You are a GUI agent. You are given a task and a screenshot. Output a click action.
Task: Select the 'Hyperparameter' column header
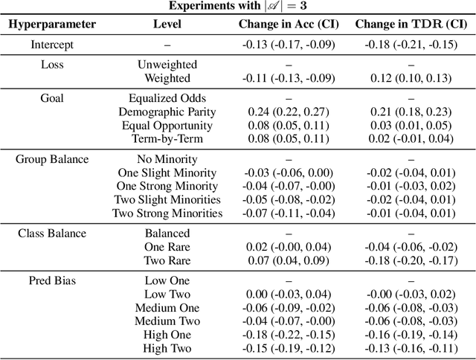coord(52,24)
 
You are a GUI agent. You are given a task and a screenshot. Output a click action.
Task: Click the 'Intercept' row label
coord(52,45)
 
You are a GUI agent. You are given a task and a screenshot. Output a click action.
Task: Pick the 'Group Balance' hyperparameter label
coord(52,158)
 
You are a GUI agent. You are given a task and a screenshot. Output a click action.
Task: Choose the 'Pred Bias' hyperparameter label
coord(52,280)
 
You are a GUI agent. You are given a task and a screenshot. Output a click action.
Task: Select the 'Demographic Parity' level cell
coord(167,112)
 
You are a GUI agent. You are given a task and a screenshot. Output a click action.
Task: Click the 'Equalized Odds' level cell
coord(167,98)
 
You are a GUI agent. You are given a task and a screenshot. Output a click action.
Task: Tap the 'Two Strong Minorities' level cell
coord(167,213)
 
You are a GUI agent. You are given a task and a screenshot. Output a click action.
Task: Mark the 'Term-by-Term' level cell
coord(167,138)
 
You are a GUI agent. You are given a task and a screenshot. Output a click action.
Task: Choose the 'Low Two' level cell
coord(167,294)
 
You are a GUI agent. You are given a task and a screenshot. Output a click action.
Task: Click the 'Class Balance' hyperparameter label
coord(52,234)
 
